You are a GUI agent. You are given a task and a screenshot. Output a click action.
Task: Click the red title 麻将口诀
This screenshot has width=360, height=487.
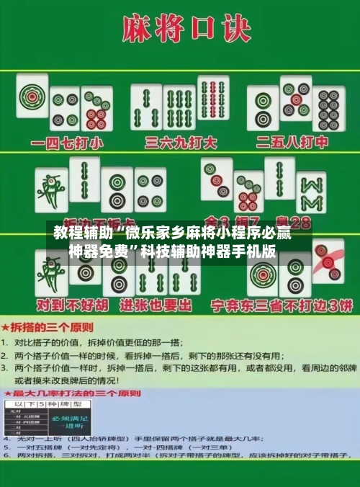(180, 30)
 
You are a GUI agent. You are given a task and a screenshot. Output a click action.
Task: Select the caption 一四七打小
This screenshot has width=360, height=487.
(64, 142)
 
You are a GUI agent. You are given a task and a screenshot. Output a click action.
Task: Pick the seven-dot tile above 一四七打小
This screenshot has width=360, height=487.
(96, 109)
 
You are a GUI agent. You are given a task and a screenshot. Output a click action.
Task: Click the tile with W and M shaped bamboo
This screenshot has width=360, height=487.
(312, 192)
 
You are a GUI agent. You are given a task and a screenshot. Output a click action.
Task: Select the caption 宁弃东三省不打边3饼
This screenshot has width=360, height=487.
(280, 305)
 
